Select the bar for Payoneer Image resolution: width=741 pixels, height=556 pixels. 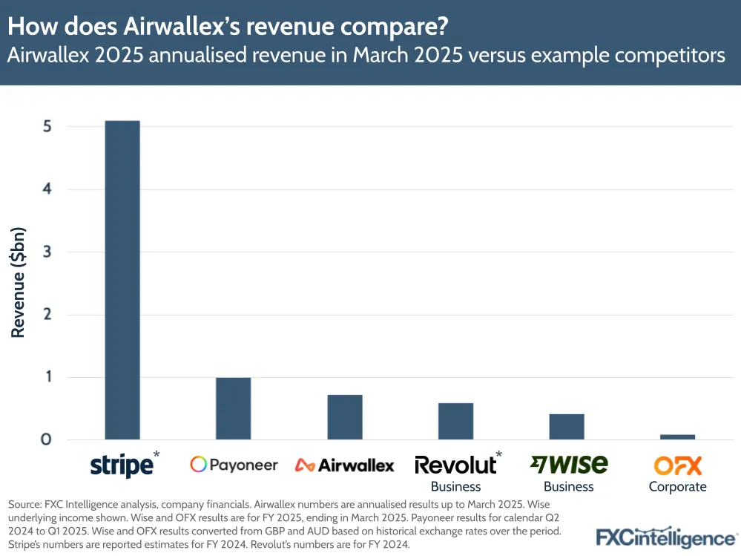point(234,408)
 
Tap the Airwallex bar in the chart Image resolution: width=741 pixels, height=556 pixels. point(345,416)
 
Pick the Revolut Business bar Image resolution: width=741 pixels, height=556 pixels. point(455,421)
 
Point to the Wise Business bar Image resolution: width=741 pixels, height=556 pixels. point(567,426)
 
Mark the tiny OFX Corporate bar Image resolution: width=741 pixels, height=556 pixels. point(677,436)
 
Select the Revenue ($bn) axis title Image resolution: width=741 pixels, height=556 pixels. point(19,283)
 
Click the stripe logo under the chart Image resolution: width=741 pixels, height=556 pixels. point(122,465)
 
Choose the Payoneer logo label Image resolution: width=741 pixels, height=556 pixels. point(234,465)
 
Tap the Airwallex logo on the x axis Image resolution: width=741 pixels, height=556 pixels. point(345,465)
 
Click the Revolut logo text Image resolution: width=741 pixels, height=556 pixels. point(455,465)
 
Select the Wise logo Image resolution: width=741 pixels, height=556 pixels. point(569,464)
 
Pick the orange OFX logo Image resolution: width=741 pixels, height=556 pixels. point(677,465)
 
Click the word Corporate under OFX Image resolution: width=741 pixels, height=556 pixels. point(677,487)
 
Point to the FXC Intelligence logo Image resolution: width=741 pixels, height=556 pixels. point(666,537)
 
